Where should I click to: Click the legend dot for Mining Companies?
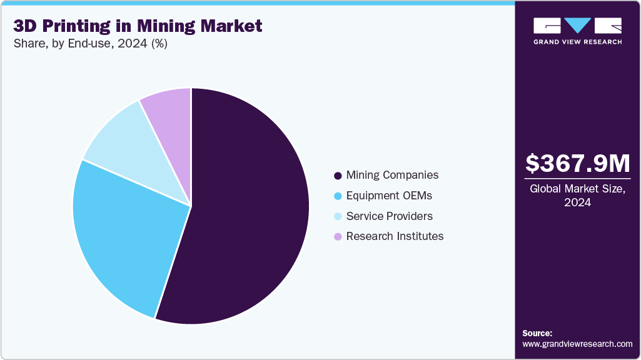[x=338, y=176]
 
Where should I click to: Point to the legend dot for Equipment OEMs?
[x=338, y=196]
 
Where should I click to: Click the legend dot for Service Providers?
[x=338, y=217]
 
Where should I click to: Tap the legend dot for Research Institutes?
[x=338, y=237]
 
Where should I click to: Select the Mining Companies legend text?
[x=392, y=175]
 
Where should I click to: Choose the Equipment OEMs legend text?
[x=389, y=196]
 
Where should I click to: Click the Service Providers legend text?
[x=389, y=216]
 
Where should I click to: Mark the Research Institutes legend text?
[x=395, y=236]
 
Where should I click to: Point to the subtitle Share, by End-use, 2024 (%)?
[x=90, y=44]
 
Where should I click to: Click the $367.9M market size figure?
[x=577, y=164]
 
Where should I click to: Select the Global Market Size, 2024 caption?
[x=577, y=196]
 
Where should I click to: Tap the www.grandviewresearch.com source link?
[x=577, y=344]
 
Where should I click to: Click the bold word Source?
[x=537, y=333]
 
